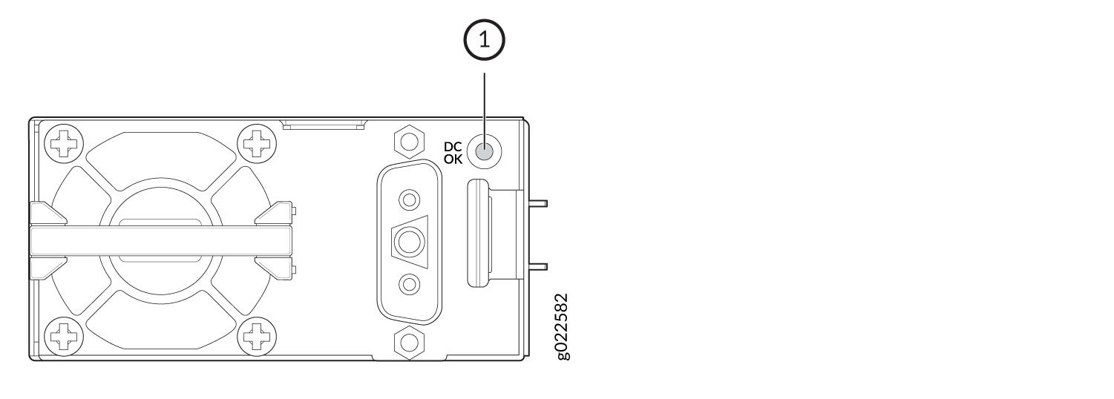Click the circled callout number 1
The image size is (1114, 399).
(x=484, y=40)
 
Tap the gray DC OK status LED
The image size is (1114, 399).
(x=485, y=151)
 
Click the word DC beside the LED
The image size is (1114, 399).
(x=453, y=147)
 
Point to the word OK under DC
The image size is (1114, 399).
(x=453, y=159)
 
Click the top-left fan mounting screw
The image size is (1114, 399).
(x=64, y=144)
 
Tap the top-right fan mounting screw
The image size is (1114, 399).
(x=257, y=144)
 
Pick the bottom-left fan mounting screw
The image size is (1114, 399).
(x=64, y=337)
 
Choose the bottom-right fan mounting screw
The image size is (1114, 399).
(x=257, y=337)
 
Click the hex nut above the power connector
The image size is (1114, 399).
(x=409, y=142)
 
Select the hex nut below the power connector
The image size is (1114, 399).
(x=409, y=343)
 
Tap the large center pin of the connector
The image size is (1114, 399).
(x=409, y=243)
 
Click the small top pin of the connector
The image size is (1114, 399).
(x=409, y=199)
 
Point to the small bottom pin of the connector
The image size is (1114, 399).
(x=409, y=285)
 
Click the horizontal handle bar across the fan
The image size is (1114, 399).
(x=160, y=242)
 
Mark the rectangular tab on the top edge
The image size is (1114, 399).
(x=324, y=124)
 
